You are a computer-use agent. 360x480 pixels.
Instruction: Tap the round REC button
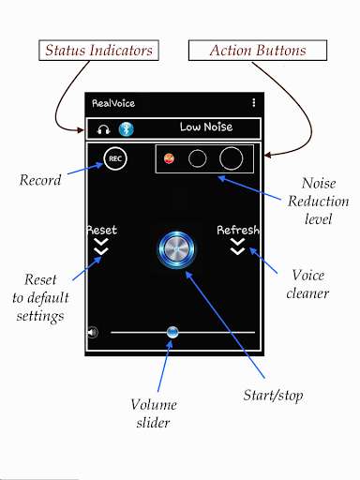tap(115, 159)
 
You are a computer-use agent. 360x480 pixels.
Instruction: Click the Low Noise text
tap(206, 127)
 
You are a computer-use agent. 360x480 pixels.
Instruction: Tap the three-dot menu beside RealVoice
tap(253, 102)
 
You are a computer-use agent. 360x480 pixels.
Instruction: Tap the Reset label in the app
tap(102, 230)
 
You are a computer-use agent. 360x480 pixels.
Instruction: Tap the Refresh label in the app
tap(238, 230)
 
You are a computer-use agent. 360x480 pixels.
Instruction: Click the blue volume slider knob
tap(172, 332)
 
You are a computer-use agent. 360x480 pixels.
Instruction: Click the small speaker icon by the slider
tap(92, 332)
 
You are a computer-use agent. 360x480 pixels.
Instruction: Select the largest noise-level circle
tap(231, 158)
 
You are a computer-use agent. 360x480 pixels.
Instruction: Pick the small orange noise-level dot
tap(169, 158)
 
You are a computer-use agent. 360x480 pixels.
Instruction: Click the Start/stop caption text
tap(273, 396)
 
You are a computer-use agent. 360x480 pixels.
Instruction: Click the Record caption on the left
tap(40, 180)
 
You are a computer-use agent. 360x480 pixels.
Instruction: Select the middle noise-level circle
tap(197, 158)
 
